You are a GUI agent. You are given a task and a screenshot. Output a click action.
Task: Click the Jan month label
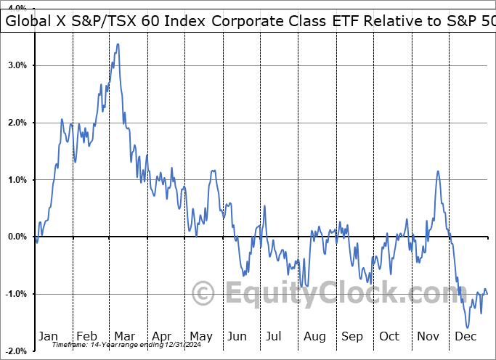coord(48,336)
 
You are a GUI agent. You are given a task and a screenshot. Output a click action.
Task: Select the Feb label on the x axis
coord(86,336)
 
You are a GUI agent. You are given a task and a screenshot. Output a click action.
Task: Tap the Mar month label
coord(124,336)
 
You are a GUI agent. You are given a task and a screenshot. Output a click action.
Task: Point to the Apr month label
coord(162,336)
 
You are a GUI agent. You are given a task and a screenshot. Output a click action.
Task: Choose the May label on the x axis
coord(200,336)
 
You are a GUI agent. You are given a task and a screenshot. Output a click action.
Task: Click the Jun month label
coord(237,336)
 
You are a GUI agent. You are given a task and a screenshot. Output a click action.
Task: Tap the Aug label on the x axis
coord(314,336)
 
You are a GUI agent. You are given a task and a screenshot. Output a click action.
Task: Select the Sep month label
coord(352,336)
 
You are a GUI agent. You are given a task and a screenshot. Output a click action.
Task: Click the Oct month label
coord(390,336)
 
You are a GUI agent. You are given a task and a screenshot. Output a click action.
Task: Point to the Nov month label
coord(428,336)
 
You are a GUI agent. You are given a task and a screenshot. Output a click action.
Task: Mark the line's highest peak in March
coord(118,44)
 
